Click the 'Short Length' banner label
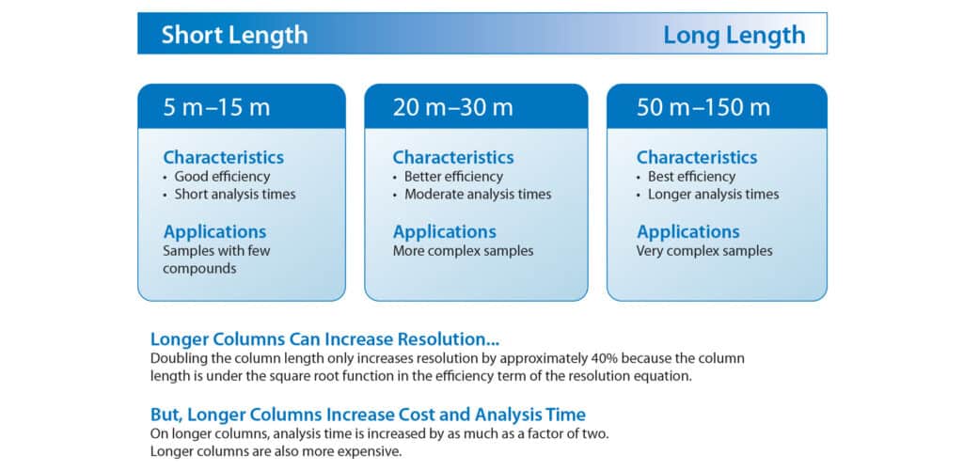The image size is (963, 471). tap(234, 35)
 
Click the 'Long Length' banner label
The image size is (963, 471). tap(734, 35)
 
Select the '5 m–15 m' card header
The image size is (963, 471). tap(216, 107)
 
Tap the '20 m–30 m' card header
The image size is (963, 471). tap(453, 107)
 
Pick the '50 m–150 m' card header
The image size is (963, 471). tap(703, 107)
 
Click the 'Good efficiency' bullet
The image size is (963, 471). tap(222, 177)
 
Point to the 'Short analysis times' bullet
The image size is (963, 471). tap(234, 195)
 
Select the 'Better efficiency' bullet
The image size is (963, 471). tap(453, 177)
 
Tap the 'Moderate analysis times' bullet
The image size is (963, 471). tap(477, 195)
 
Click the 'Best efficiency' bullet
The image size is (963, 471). tap(691, 177)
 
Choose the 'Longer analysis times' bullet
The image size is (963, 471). tap(713, 195)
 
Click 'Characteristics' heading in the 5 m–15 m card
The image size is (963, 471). tap(223, 157)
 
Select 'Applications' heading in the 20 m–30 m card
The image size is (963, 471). tap(444, 231)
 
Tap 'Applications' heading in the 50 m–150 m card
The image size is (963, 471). tap(687, 231)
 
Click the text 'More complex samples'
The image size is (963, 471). tap(463, 251)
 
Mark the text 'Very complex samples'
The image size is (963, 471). tap(704, 251)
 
